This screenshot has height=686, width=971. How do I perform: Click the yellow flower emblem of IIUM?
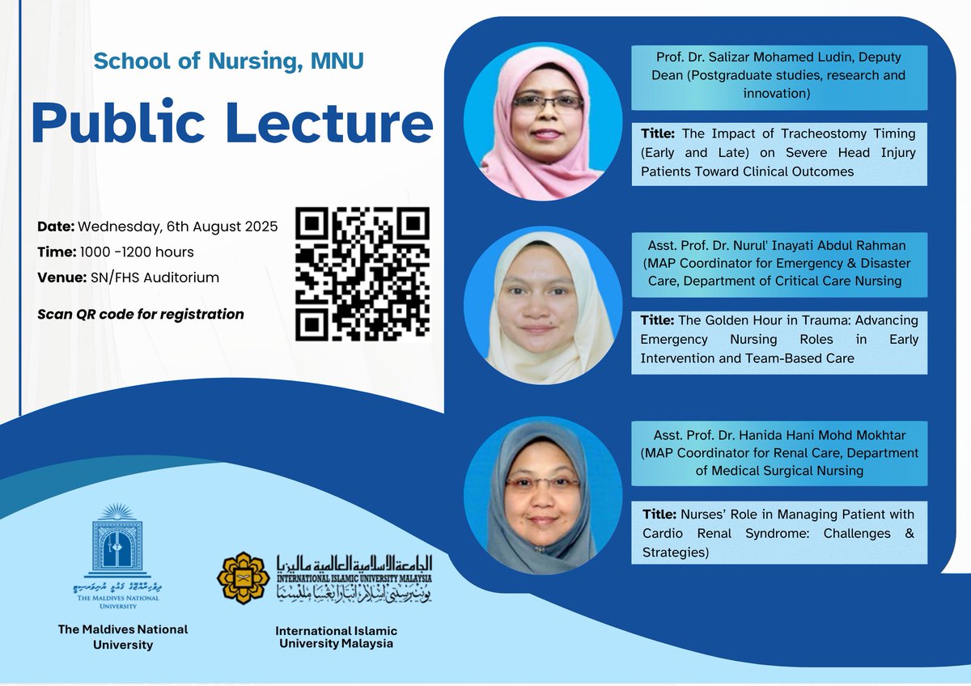pyautogui.click(x=243, y=578)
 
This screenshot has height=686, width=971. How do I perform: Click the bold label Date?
pyautogui.click(x=56, y=227)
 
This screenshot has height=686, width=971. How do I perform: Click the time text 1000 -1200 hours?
pyautogui.click(x=137, y=252)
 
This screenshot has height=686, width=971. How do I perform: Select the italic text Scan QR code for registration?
pyautogui.click(x=141, y=314)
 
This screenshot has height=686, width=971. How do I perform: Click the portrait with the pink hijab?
pyautogui.click(x=536, y=123)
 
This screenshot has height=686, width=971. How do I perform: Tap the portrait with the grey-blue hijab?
pyautogui.click(x=536, y=495)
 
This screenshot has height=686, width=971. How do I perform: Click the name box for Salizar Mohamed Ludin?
pyautogui.click(x=779, y=77)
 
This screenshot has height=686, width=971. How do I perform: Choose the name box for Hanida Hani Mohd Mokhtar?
pyautogui.click(x=779, y=453)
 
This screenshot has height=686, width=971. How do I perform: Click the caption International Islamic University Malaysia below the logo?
pyautogui.click(x=336, y=637)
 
